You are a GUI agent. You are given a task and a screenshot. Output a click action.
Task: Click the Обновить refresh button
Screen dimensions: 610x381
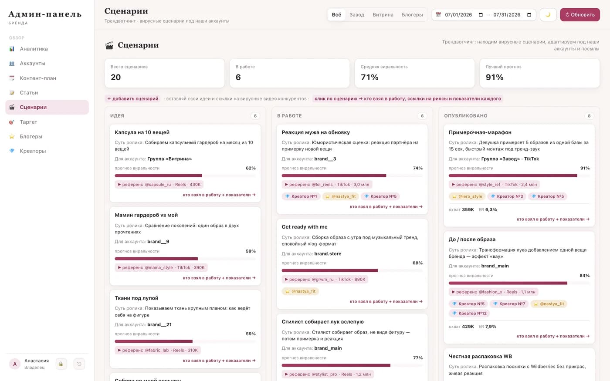click(580, 15)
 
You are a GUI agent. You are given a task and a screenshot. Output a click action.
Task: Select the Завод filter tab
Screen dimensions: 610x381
click(357, 15)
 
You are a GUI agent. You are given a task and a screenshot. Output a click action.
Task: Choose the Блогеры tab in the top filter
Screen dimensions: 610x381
click(412, 15)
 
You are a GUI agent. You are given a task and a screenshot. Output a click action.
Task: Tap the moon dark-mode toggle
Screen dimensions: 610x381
click(548, 15)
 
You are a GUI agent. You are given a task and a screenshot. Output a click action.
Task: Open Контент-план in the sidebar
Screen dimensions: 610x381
click(38, 78)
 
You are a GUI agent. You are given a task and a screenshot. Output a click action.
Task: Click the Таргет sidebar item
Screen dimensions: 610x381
click(28, 122)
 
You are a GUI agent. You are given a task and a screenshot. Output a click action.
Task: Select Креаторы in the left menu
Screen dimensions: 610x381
click(33, 151)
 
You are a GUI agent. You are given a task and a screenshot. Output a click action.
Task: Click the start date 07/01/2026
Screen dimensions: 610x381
click(458, 15)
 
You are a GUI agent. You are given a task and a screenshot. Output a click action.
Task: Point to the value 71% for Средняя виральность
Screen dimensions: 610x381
click(369, 78)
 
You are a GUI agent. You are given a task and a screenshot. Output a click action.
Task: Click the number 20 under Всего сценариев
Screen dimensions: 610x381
click(116, 78)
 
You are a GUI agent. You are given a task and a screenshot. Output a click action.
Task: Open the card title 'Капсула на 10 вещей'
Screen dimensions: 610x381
click(142, 132)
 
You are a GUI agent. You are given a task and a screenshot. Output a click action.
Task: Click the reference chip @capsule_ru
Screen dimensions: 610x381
click(159, 185)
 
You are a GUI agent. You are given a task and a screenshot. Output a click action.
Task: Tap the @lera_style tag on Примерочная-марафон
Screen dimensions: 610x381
click(467, 196)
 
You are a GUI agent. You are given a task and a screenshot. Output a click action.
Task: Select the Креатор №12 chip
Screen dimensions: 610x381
click(469, 313)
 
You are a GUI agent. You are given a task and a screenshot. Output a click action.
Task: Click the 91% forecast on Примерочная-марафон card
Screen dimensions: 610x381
click(585, 168)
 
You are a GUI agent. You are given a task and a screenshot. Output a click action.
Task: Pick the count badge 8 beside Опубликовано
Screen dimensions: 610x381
click(589, 116)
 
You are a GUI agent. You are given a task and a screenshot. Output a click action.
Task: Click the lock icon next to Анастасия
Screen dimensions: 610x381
click(61, 364)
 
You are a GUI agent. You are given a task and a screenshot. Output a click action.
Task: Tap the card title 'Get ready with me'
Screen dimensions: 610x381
click(305, 227)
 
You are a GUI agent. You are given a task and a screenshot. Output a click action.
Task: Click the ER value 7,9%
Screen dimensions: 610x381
click(491, 327)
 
